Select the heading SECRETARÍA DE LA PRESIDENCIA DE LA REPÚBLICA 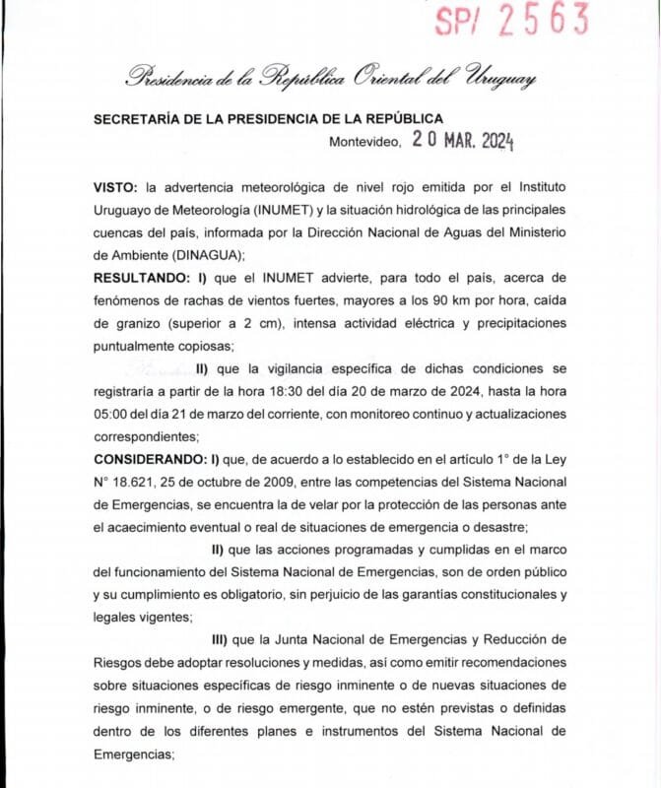coord(268,118)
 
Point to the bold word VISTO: coord(115,186)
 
